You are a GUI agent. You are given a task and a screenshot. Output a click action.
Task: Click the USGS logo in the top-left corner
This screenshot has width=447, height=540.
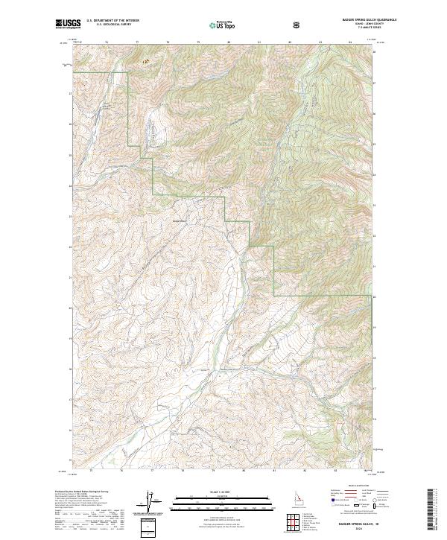point(68,25)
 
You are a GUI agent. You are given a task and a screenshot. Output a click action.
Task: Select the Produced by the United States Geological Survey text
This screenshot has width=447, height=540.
point(82,492)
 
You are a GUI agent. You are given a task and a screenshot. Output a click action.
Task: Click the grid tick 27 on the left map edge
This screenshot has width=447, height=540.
point(71,94)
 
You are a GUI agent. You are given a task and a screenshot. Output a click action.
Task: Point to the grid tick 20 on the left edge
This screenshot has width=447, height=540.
point(71,307)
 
